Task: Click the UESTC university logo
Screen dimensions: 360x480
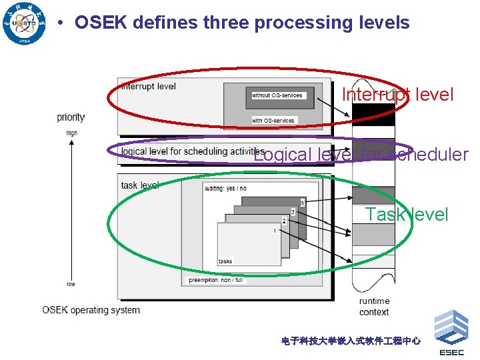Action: (x=25, y=23)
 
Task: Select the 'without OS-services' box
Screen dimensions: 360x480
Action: (x=277, y=95)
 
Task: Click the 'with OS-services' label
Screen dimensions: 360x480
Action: (x=273, y=121)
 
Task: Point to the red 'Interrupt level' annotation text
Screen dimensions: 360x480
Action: (x=397, y=95)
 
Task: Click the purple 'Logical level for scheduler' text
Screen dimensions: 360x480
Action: (x=361, y=155)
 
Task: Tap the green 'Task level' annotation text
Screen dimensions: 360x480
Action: (x=407, y=214)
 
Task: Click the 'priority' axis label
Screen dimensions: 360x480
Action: (x=71, y=117)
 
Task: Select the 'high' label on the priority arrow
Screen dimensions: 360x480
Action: (x=71, y=133)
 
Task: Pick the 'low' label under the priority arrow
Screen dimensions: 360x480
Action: (x=71, y=284)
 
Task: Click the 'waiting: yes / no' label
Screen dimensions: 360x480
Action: (x=225, y=189)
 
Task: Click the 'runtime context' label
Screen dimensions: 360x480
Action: (x=374, y=307)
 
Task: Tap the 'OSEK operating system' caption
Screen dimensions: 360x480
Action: (x=91, y=310)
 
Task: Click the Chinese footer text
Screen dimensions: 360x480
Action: (x=351, y=341)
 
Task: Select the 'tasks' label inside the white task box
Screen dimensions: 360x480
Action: (x=225, y=261)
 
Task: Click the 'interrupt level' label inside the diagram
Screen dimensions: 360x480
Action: (x=149, y=86)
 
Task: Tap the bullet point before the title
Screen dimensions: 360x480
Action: (x=61, y=23)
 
